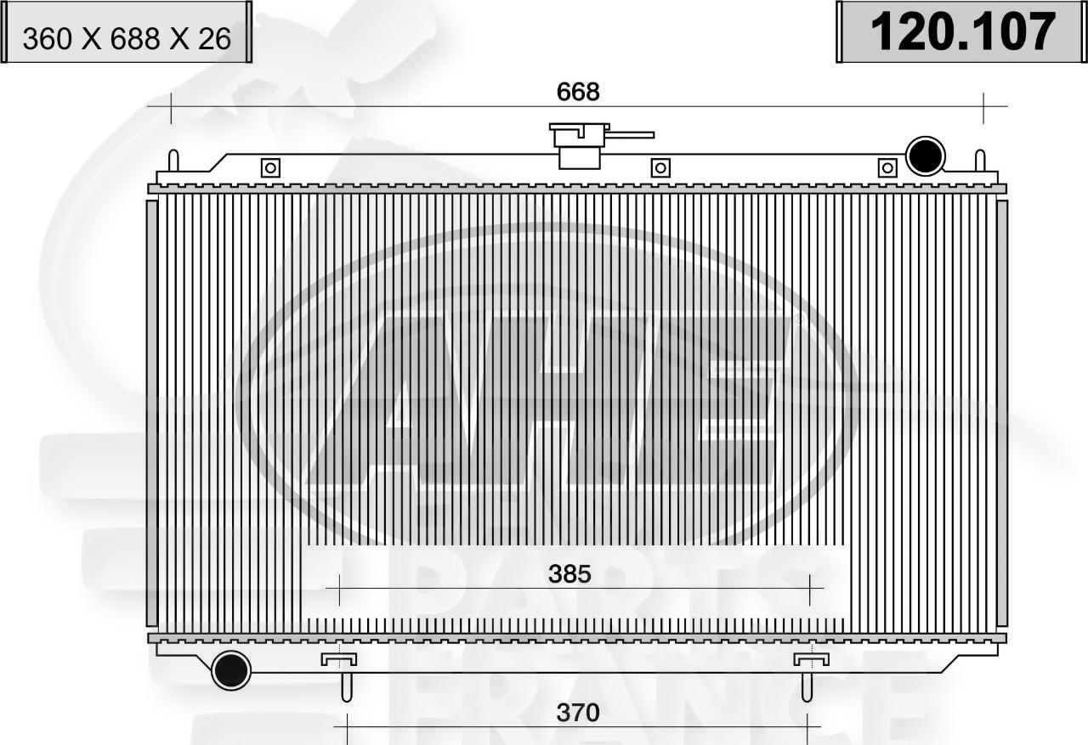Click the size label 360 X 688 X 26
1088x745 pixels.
click(127, 38)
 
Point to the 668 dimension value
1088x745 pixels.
click(578, 92)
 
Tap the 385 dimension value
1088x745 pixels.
click(569, 575)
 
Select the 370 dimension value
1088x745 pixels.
click(578, 713)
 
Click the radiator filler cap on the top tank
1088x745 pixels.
click(579, 146)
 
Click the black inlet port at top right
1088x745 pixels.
click(926, 156)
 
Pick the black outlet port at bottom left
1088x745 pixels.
click(230, 671)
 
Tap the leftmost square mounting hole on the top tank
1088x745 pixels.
click(270, 168)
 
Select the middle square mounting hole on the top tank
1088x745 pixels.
click(660, 168)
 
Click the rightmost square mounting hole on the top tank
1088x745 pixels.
click(887, 168)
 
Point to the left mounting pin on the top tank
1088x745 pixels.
click(173, 161)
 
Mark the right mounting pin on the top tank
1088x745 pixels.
click(980, 161)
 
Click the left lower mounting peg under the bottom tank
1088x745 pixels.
click(346, 684)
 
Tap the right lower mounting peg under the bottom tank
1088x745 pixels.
click(807, 684)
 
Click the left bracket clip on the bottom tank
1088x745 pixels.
click(338, 659)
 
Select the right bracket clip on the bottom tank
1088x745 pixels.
click(811, 659)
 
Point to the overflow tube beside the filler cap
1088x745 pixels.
click(631, 134)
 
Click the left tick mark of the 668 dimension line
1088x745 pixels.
click(171, 107)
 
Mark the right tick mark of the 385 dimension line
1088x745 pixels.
click(811, 588)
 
